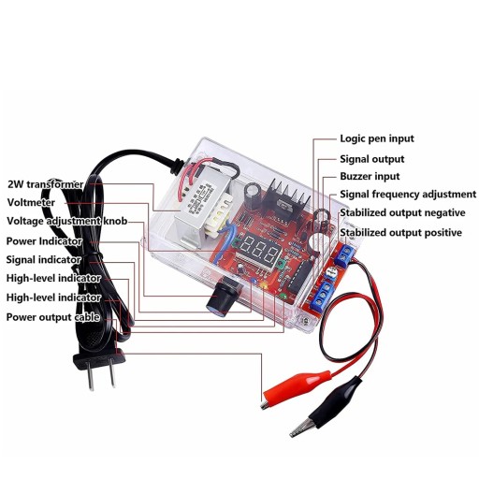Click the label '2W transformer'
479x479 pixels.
pyautogui.click(x=46, y=184)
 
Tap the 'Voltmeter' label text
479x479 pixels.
pyautogui.click(x=31, y=202)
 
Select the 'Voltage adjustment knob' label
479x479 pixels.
pyautogui.click(x=67, y=221)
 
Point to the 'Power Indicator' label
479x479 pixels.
pyautogui.click(x=44, y=241)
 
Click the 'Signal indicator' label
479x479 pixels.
pyautogui.click(x=44, y=259)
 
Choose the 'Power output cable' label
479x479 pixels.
pyautogui.click(x=53, y=317)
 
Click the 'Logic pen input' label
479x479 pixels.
pyautogui.click(x=377, y=138)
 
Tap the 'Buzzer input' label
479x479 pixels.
pyautogui.click(x=370, y=176)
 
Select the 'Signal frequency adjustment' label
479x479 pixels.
pyautogui.click(x=408, y=195)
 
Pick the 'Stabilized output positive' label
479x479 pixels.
pyautogui.click(x=400, y=233)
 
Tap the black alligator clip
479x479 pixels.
pyautogui.click(x=327, y=407)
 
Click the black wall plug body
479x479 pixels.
pyautogui.click(x=99, y=361)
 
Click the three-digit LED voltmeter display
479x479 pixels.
pyautogui.click(x=258, y=251)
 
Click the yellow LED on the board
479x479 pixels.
pyautogui.click(x=265, y=285)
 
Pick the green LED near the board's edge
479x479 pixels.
pyautogui.click(x=283, y=296)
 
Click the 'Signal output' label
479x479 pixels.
pyautogui.click(x=371, y=159)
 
